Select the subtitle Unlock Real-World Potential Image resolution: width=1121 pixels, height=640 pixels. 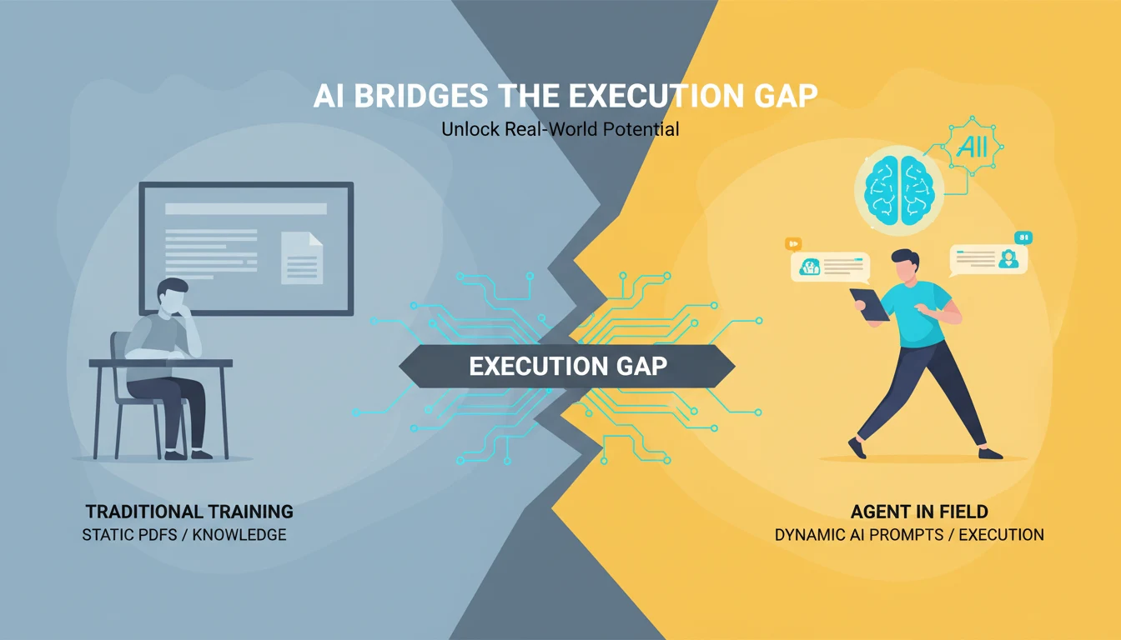[560, 129]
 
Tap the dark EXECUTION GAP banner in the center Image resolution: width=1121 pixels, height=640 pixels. [567, 366]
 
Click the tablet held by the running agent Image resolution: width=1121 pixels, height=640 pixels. [869, 304]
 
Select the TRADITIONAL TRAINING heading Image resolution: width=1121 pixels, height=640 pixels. [189, 511]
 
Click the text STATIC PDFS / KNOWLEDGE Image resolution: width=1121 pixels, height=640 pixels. [184, 534]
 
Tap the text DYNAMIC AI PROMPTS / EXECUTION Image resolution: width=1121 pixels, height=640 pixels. [909, 534]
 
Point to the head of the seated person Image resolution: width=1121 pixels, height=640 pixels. [173, 297]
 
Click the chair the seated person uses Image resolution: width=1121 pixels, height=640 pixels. [125, 392]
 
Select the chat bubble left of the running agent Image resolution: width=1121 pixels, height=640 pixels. [830, 267]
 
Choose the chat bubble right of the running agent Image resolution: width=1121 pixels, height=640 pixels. [988, 259]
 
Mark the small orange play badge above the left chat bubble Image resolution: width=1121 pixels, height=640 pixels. [793, 243]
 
